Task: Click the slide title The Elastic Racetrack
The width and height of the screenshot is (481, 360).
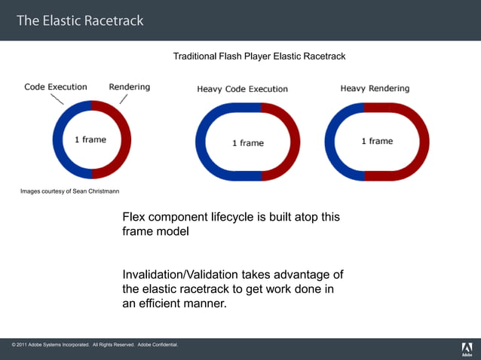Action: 80,20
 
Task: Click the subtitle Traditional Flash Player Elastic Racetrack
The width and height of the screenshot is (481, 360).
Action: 259,56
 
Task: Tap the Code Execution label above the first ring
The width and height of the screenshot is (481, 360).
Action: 56,87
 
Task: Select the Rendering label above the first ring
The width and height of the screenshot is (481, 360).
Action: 129,87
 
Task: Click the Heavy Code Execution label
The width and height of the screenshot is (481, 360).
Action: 242,89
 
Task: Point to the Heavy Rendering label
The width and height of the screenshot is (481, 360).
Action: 375,89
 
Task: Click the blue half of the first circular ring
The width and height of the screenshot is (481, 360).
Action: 60,139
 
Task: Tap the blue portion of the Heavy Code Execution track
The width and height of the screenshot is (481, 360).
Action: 203,142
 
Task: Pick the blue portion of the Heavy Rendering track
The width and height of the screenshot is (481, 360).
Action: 332,141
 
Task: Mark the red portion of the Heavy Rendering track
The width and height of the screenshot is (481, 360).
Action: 422,141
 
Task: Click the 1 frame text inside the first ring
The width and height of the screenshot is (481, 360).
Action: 90,139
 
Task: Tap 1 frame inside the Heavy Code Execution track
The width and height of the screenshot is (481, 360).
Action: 247,142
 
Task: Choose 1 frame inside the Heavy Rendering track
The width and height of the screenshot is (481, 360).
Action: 377,141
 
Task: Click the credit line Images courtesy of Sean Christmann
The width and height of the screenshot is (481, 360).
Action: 69,191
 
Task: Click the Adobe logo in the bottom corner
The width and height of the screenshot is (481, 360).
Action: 467,349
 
